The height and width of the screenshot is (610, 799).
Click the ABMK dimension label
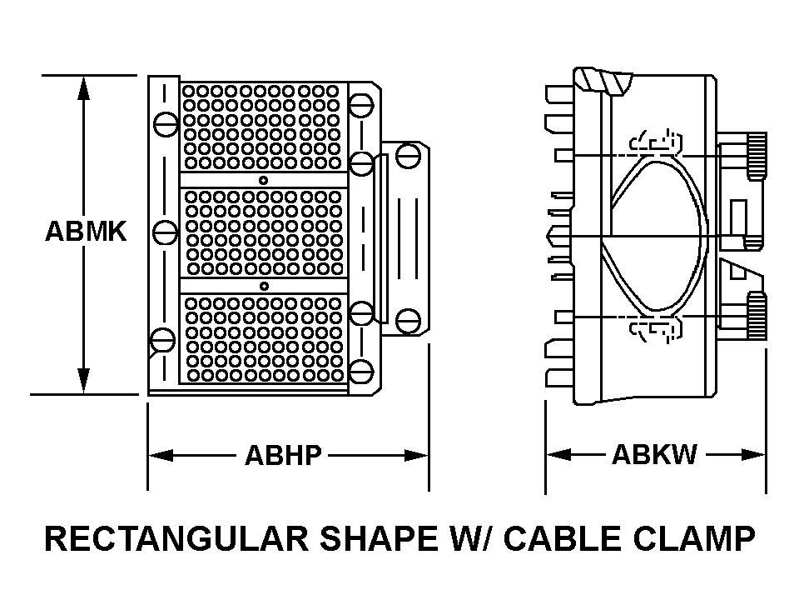pos(86,232)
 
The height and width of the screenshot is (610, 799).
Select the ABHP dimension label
pos(282,456)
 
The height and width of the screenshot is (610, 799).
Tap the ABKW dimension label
pos(654,455)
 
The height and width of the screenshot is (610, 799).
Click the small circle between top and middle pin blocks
pos(263,181)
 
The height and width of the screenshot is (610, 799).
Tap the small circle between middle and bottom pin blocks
pos(263,286)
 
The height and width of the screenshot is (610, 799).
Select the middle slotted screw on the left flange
pos(166,232)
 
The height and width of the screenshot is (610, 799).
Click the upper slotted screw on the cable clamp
pos(406,154)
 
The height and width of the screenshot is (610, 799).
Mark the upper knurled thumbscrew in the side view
pos(756,156)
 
